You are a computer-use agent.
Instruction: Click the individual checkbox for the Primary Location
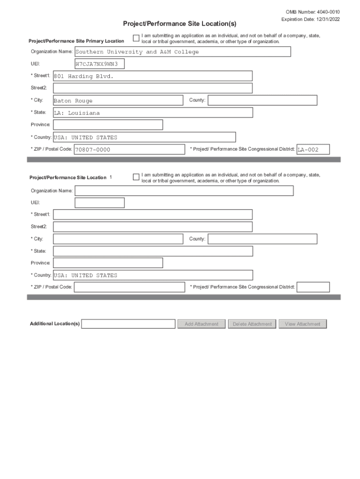pyautogui.click(x=136, y=38)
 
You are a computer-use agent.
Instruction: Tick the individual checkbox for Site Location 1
pyautogui.click(x=136, y=177)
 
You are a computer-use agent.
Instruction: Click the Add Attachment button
pyautogui.click(x=202, y=324)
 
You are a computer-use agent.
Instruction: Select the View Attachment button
pyautogui.click(x=302, y=324)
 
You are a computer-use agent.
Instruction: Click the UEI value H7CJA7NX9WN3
pyautogui.click(x=100, y=64)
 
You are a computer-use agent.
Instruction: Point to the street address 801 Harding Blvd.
pyautogui.click(x=84, y=76)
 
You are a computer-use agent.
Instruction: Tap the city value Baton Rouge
pyautogui.click(x=73, y=101)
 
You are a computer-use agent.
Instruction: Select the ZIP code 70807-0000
pyautogui.click(x=93, y=150)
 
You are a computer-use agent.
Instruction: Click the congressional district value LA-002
pyautogui.click(x=308, y=150)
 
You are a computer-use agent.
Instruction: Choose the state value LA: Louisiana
pyautogui.click(x=77, y=113)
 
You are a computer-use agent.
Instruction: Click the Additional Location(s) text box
pyautogui.click(x=128, y=324)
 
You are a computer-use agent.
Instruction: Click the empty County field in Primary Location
pyautogui.click(x=262, y=101)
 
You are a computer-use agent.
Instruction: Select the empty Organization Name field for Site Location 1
pyautogui.click(x=184, y=191)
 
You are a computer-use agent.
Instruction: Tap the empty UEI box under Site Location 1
pyautogui.click(x=100, y=203)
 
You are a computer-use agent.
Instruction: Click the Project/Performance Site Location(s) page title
pyautogui.click(x=180, y=23)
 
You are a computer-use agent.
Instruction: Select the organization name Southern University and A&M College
pyautogui.click(x=137, y=52)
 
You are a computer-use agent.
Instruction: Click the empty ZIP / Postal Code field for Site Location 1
pyautogui.click(x=130, y=287)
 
